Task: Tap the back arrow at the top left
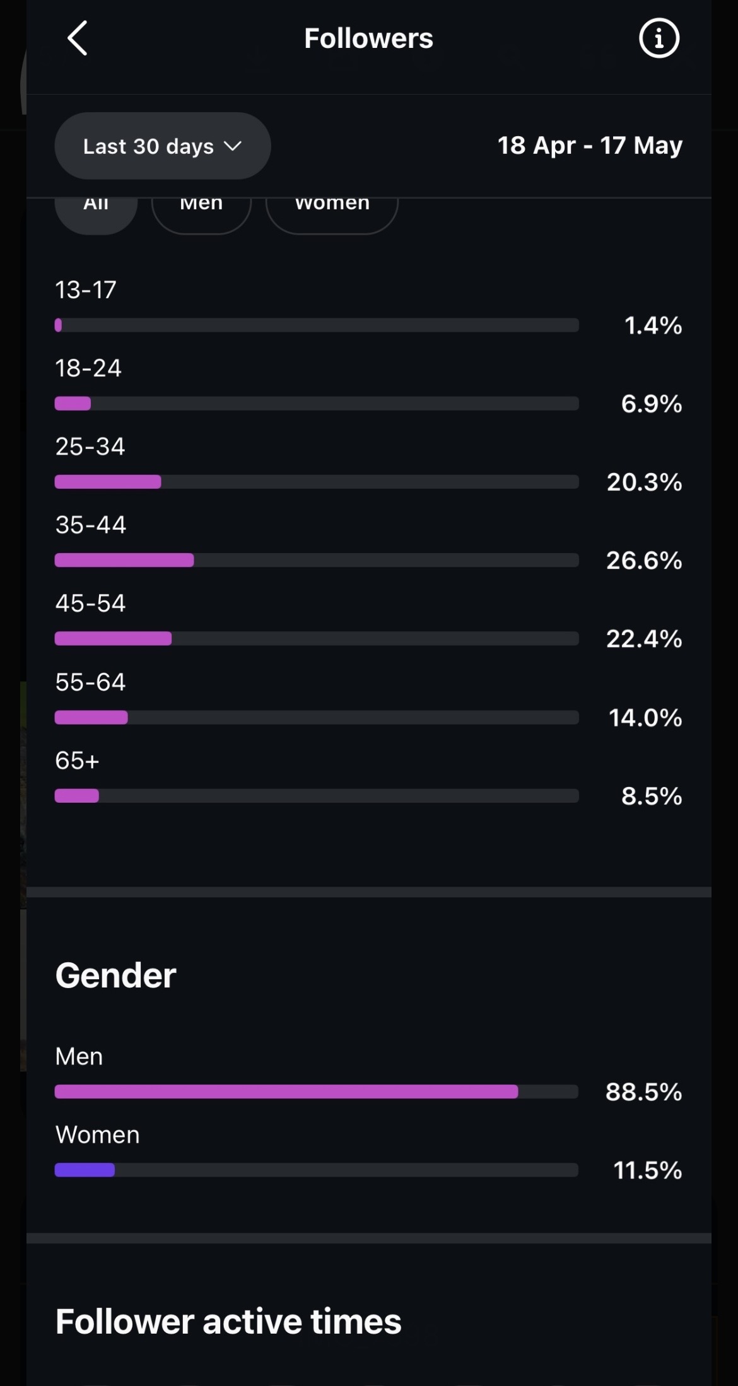[x=77, y=38]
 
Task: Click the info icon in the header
[x=659, y=38]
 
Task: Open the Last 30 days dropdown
[x=163, y=146]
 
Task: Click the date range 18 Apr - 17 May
[x=590, y=146]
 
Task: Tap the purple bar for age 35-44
[x=124, y=560]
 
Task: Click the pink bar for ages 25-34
[x=108, y=482]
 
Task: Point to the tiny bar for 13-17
[x=58, y=325]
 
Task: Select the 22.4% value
[x=644, y=639]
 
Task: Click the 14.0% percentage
[x=645, y=718]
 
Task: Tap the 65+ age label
[x=77, y=760]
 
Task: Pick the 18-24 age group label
[x=88, y=368]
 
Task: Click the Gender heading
[x=115, y=975]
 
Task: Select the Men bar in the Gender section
[x=286, y=1092]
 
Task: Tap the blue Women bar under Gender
[x=85, y=1170]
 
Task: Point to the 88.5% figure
[x=643, y=1092]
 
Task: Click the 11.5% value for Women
[x=647, y=1170]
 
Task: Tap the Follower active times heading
[x=228, y=1321]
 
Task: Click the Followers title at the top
[x=368, y=38]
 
